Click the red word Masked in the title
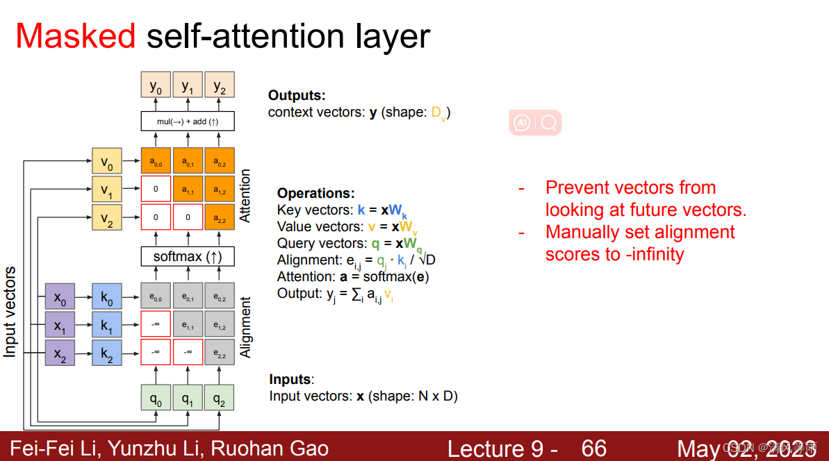pos(76,35)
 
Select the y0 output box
pos(156,85)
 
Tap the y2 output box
pos(220,85)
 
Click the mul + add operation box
pos(188,121)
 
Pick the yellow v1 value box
pos(106,190)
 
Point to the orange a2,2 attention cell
pos(220,217)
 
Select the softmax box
pos(188,256)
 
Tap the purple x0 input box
pos(60,296)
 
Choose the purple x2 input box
pos(60,353)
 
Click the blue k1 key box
pos(106,325)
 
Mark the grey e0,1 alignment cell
pos(188,296)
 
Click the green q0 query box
pos(156,398)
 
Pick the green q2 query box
pos(220,398)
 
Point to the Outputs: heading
pos(297,96)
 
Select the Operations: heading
pos(315,194)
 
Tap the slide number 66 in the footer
pos(594,449)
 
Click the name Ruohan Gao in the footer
pos(269,449)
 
